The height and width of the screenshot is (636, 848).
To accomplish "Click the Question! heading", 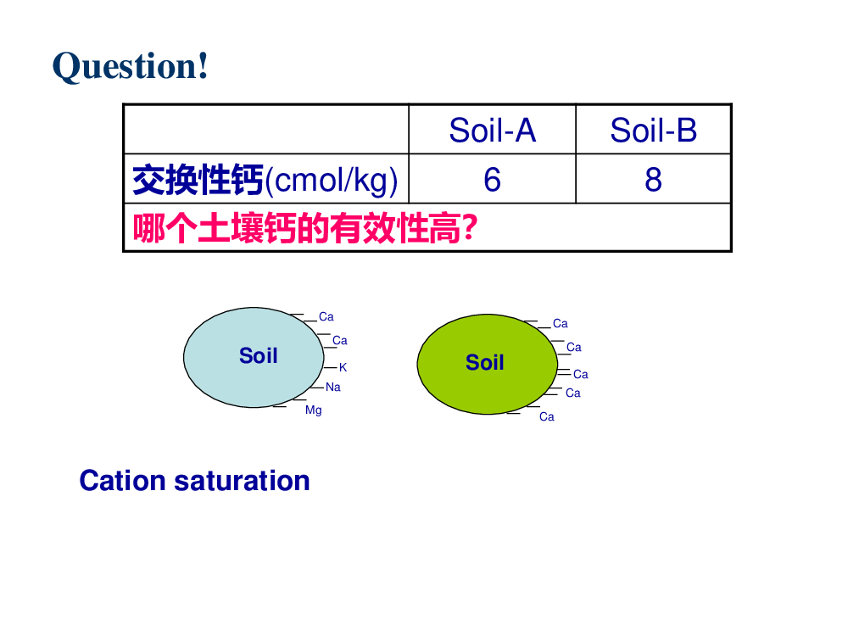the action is tap(131, 66).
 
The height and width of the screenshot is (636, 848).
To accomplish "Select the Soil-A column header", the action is tap(492, 131).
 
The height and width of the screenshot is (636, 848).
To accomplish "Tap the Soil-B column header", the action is tap(653, 131).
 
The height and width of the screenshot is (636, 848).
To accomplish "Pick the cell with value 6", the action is tap(492, 180).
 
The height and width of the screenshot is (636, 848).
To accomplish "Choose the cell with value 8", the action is tap(653, 180).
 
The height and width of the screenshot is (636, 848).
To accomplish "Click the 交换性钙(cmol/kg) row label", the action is tap(265, 180).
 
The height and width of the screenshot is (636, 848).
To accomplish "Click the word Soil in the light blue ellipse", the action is tap(259, 356).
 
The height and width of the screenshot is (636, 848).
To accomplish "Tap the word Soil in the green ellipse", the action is tap(484, 362).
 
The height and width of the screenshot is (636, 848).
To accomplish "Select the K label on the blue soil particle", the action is tap(343, 368).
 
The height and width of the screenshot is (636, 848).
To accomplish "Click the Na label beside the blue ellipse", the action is tap(333, 388).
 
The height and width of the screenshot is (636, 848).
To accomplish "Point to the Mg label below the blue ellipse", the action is tap(314, 410).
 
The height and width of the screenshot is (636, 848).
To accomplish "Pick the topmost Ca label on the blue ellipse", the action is tap(326, 317).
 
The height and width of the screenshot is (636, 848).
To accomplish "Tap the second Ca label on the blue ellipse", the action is tap(340, 341).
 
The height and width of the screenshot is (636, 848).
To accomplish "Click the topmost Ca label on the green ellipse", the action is tap(561, 324).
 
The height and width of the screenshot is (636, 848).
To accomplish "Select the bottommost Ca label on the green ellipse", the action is tap(547, 417).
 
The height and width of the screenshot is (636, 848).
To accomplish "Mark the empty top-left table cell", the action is tap(266, 129).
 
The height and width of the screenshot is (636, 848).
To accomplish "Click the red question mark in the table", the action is tap(471, 227).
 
